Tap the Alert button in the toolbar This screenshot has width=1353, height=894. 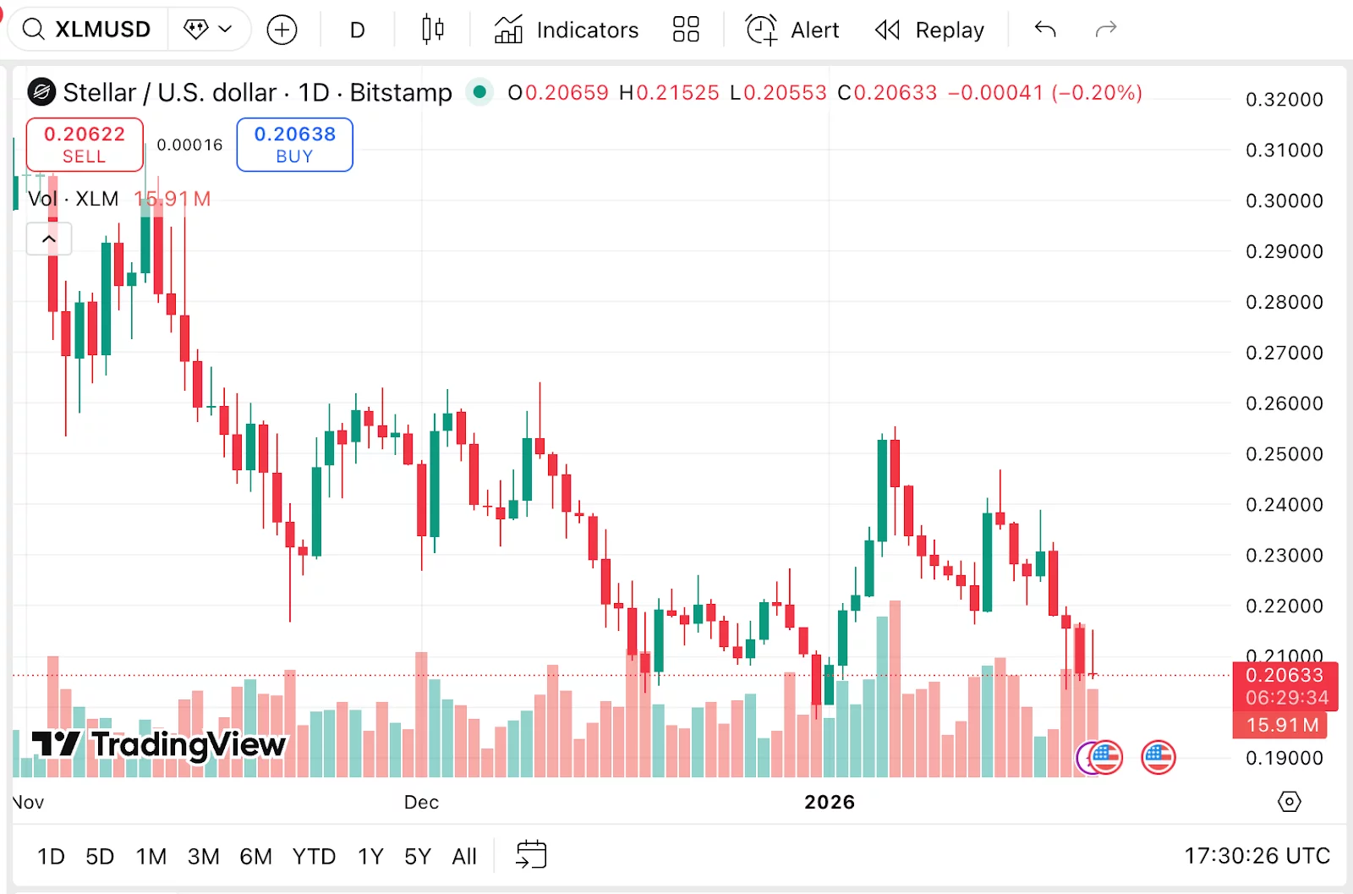(792, 30)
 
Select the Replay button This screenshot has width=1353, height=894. (930, 30)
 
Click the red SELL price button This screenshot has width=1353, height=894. (85, 145)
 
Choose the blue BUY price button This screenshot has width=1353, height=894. (294, 145)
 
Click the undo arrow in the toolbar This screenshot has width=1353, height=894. (1045, 30)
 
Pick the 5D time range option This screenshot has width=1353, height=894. (100, 857)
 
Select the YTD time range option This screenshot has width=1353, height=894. (314, 857)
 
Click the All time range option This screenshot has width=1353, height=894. (464, 857)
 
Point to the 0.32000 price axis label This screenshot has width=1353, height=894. (1284, 100)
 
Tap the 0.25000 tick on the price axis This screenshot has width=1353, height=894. (1284, 454)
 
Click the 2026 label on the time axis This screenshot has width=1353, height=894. (830, 802)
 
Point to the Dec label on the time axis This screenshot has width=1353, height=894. (421, 802)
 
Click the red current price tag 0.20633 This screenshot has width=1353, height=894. (1284, 675)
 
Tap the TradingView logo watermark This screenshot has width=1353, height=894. (159, 744)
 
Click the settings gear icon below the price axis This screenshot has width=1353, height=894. (1289, 801)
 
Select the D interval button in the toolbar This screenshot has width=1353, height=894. (358, 30)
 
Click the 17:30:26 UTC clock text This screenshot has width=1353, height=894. (1257, 856)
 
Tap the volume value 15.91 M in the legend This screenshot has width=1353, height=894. (173, 200)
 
